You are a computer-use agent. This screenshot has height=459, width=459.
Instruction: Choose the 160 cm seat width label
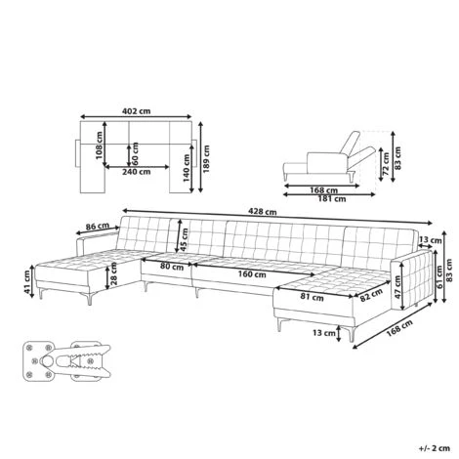click(252, 274)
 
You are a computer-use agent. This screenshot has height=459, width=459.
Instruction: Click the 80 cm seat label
click(171, 267)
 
